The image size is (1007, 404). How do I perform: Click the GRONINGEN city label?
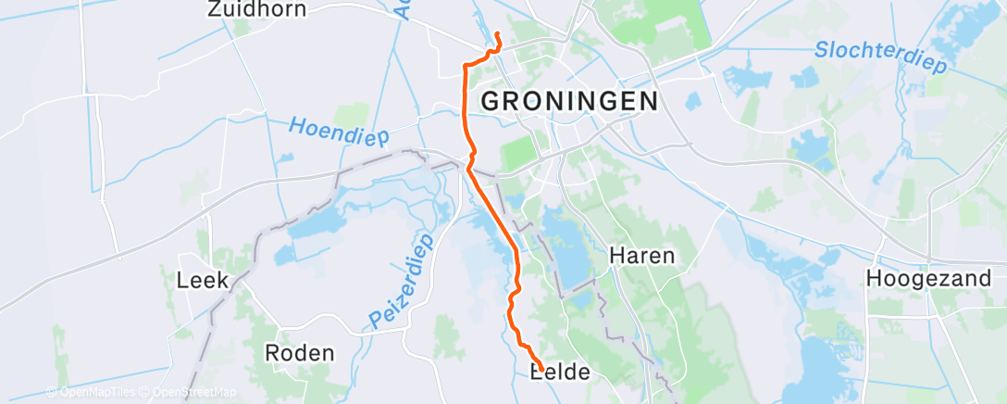(x=569, y=101)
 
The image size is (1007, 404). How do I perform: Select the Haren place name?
(x=641, y=256)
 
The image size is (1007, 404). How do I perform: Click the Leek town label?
(x=202, y=280)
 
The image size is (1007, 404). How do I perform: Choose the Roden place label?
(x=299, y=353)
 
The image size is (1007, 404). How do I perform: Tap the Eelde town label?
(x=559, y=372)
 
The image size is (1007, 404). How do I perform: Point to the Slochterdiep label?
(x=881, y=57)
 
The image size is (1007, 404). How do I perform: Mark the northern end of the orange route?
(x=498, y=34)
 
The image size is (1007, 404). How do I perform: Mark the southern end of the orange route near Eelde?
(x=541, y=364)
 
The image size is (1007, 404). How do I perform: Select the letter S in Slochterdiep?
(x=821, y=49)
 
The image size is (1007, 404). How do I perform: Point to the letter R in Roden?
(x=272, y=353)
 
